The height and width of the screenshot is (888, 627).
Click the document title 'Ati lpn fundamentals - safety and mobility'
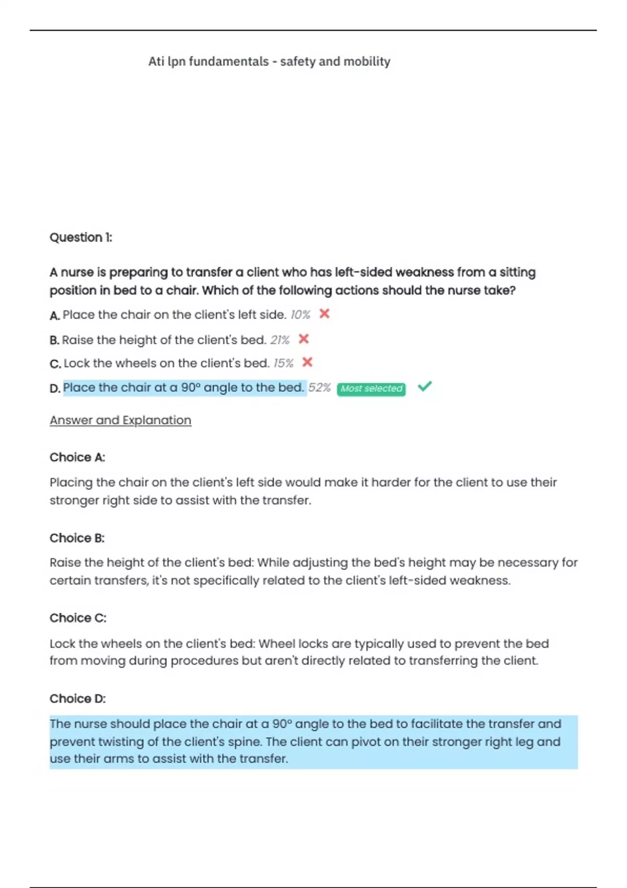pos(269,62)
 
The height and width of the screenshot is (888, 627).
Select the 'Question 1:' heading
pos(81,238)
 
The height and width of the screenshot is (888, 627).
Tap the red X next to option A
pos(324,314)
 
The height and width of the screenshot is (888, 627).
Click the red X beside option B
pos(304,339)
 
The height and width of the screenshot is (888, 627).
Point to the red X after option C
pos(307,362)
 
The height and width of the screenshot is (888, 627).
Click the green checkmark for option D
pos(425,387)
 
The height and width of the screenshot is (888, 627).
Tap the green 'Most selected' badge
pos(371,389)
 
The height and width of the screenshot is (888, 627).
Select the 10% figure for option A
pos(300,315)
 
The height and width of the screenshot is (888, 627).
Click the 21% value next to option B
pos(280,340)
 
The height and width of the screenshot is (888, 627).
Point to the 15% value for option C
pos(284,363)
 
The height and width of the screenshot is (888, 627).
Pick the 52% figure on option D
pos(319,388)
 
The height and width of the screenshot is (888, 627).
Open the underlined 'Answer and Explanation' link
pos(120,420)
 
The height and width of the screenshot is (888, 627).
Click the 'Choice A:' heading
pos(77,458)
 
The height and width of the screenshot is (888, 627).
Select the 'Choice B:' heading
pos(77,538)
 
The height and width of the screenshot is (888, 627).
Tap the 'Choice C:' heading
pos(78,618)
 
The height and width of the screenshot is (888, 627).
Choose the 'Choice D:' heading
pos(78,698)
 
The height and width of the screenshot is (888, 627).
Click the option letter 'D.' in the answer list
pos(55,389)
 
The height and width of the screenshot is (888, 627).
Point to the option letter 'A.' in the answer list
pos(55,316)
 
